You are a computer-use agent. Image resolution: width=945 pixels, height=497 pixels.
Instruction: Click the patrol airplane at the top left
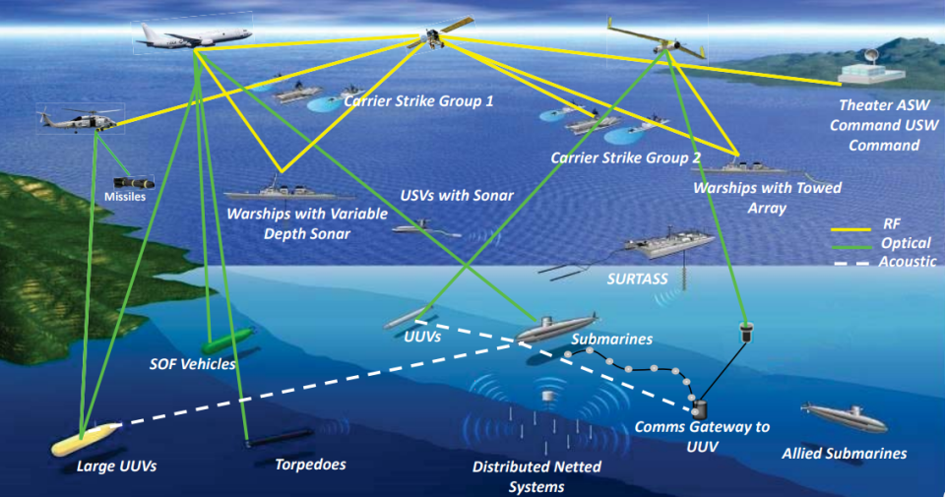click(193, 36)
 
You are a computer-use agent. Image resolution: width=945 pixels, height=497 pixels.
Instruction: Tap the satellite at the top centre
click(430, 35)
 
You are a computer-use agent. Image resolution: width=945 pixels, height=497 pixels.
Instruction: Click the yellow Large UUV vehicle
click(84, 438)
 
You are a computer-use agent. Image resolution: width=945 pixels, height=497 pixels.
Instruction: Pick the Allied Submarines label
click(844, 454)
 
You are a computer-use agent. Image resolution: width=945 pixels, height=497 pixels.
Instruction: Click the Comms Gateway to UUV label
click(701, 437)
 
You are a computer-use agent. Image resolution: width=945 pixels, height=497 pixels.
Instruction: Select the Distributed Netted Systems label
click(532, 476)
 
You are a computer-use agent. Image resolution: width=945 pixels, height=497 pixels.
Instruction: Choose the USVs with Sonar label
click(457, 196)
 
